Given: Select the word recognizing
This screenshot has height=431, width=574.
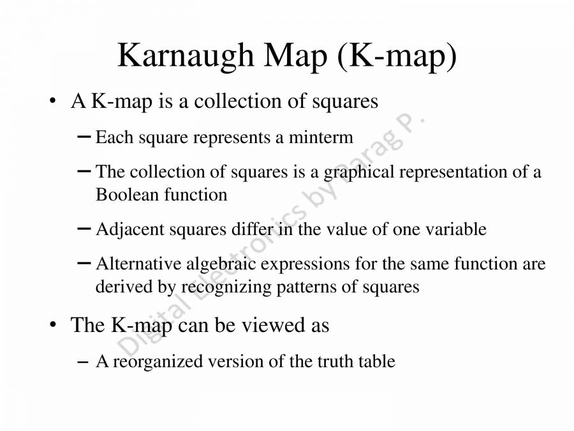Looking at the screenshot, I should (x=226, y=287).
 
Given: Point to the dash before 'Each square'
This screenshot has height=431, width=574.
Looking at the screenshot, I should (x=83, y=137).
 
